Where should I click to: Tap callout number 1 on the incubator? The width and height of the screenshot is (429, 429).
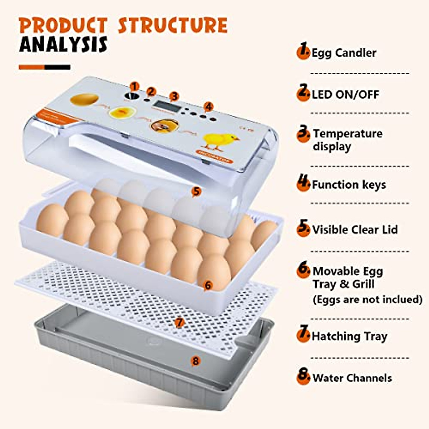[134, 86]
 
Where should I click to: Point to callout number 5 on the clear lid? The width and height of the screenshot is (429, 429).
[196, 192]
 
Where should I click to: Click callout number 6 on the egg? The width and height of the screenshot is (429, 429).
[208, 285]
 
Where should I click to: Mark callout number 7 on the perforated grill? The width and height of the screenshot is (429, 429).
[179, 322]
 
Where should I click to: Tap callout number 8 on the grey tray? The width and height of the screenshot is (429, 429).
[195, 361]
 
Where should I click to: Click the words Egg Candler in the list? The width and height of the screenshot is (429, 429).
[344, 53]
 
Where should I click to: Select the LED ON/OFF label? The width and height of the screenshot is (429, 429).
[345, 94]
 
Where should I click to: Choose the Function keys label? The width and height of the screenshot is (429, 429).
[349, 185]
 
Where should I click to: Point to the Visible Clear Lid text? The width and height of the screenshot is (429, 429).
[355, 230]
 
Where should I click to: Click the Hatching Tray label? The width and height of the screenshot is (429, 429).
[349, 336]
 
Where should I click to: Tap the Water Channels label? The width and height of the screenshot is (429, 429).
[352, 378]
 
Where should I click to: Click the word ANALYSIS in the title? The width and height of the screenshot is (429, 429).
[63, 44]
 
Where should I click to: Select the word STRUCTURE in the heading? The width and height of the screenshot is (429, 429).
[173, 25]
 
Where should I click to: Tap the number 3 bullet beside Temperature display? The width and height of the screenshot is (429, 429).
[303, 134]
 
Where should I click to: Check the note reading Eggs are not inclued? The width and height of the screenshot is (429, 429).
[367, 299]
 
